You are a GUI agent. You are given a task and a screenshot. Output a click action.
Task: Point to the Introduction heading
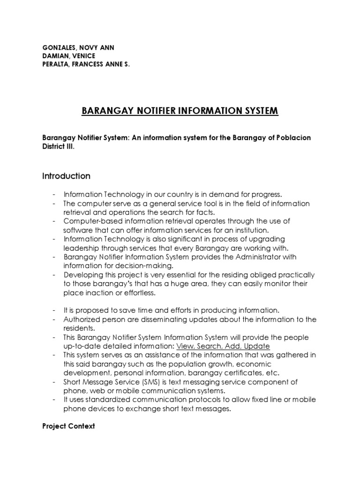coord(66,176)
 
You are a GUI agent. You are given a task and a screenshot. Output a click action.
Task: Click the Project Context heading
coord(68,426)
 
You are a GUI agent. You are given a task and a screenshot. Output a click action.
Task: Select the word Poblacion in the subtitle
coord(291,138)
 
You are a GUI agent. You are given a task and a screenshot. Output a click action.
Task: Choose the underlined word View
coord(185,346)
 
